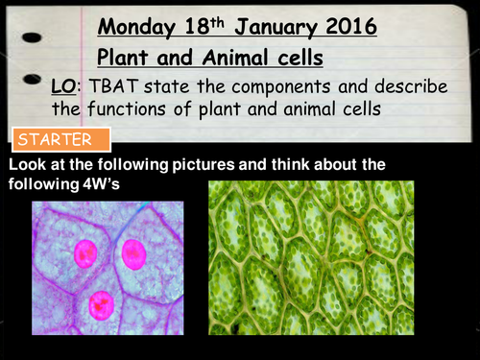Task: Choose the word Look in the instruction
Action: point(28,165)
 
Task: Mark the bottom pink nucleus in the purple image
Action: point(99,305)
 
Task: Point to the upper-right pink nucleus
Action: point(133,256)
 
